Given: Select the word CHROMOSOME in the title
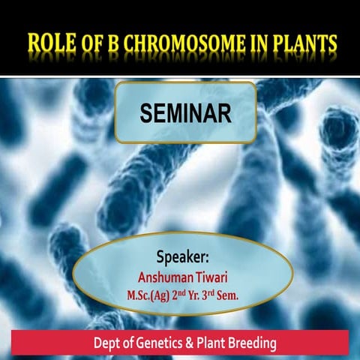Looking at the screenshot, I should pos(182,46).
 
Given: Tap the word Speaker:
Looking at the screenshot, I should pos(185,253).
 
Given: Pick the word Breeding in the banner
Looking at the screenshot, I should pos(253,344).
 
